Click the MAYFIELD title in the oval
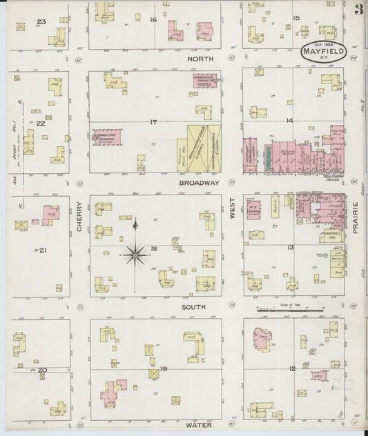323,50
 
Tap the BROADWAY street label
198,183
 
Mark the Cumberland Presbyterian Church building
205,82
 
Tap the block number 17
153,122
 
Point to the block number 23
41,22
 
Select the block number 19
163,370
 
